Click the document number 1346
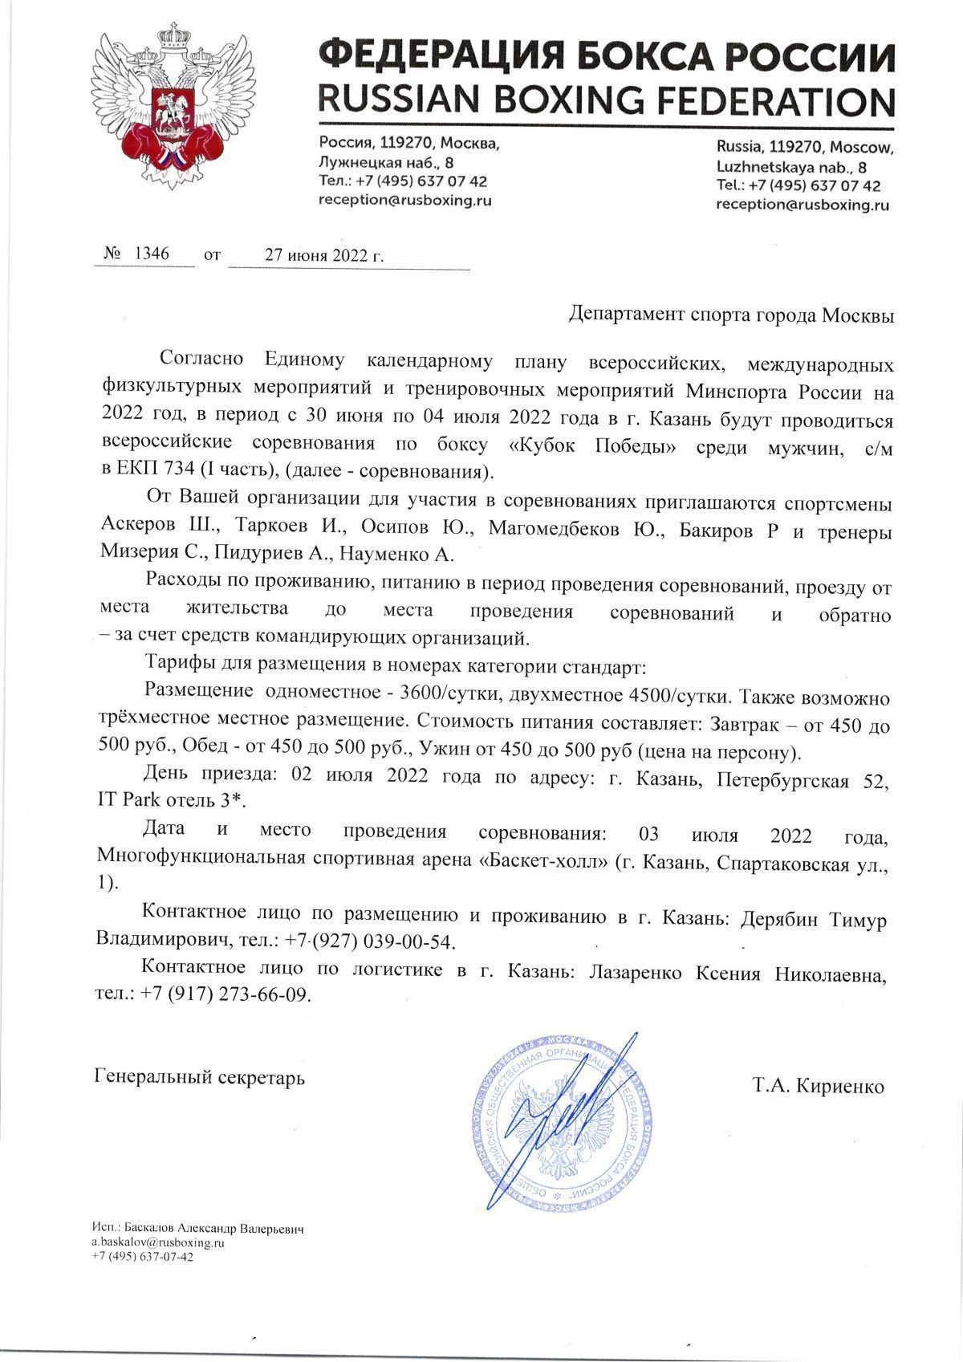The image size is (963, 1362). tap(151, 254)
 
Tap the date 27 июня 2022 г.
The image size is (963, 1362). tap(324, 256)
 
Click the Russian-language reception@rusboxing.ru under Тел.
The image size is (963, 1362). tap(405, 200)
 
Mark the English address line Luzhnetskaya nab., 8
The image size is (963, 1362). tap(791, 168)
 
